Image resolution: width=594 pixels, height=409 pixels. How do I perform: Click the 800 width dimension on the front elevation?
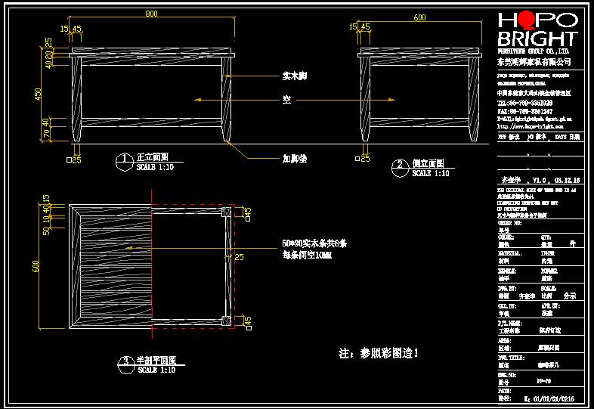click(151, 14)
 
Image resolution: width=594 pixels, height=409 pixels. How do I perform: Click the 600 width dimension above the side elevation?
click(419, 16)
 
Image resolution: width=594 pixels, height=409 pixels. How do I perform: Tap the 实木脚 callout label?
click(295, 76)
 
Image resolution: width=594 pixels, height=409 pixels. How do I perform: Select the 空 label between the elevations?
click(287, 99)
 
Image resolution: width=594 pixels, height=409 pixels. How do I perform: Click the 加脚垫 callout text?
click(295, 159)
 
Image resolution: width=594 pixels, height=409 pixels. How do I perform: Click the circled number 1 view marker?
click(122, 160)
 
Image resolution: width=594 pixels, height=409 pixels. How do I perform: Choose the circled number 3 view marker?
click(122, 363)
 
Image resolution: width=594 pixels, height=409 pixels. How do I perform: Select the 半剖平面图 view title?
click(156, 361)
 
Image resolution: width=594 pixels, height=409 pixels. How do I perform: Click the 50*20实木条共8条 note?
click(314, 243)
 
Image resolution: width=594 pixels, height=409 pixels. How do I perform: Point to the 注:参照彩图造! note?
click(379, 353)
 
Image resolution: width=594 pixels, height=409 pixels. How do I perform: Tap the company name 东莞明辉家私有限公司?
click(534, 60)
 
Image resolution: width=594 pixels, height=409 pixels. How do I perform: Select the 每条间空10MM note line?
click(307, 256)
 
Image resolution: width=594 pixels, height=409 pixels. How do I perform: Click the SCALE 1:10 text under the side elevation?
click(431, 173)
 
